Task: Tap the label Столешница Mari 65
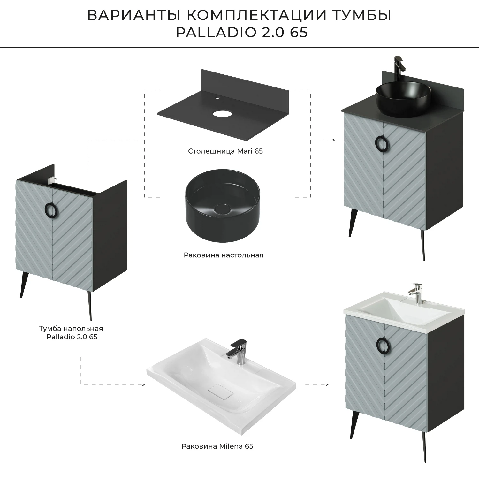[x=225, y=151]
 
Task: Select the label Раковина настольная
[x=224, y=255]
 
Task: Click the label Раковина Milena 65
[x=217, y=446]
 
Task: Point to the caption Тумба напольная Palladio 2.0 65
[x=71, y=332]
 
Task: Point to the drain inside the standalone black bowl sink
[x=220, y=209]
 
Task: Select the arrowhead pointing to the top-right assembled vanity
[x=333, y=140]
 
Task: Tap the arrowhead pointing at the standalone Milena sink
[x=143, y=385]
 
